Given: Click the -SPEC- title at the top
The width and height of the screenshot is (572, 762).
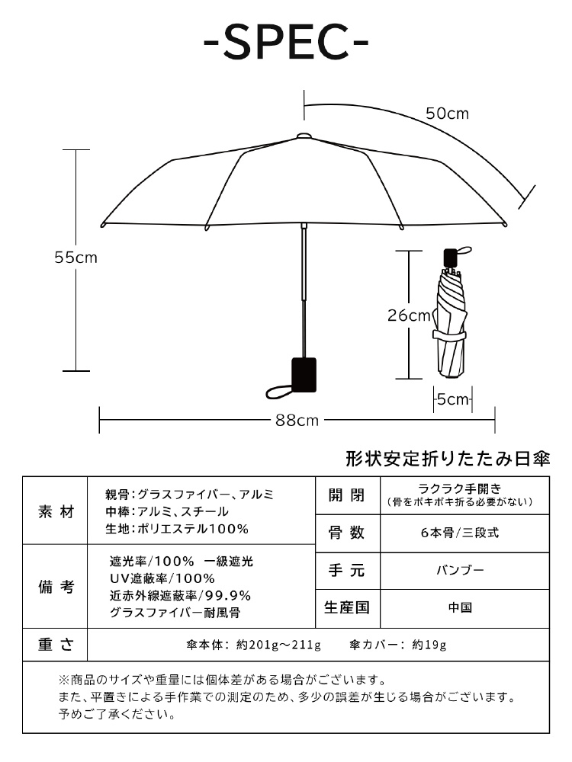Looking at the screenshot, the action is pyautogui.click(x=286, y=42).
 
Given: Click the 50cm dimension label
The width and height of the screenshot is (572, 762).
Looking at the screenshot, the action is pyautogui.click(x=448, y=114).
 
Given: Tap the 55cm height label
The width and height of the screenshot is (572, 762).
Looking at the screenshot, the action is pyautogui.click(x=76, y=257).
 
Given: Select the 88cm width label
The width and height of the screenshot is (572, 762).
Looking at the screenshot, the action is pyautogui.click(x=297, y=421).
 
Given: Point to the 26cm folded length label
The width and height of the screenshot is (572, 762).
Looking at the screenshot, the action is pyautogui.click(x=409, y=315).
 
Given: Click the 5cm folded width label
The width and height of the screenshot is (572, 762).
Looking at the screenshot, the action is pyautogui.click(x=453, y=399).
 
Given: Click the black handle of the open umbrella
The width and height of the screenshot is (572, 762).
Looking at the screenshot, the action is pyautogui.click(x=304, y=375).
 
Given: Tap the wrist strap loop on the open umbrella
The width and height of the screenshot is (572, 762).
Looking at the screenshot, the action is pyautogui.click(x=279, y=391).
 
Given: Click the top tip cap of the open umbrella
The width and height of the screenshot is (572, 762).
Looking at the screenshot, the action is pyautogui.click(x=304, y=136).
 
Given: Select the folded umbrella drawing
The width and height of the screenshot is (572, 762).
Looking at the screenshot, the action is pyautogui.click(x=451, y=313).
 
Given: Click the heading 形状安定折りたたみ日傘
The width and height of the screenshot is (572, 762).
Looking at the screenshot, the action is pyautogui.click(x=448, y=459).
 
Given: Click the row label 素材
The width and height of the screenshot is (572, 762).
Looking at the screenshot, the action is pyautogui.click(x=56, y=511).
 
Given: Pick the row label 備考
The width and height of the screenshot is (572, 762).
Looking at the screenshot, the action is pyautogui.click(x=56, y=587).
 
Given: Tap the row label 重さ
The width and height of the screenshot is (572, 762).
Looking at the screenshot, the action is pyautogui.click(x=56, y=645).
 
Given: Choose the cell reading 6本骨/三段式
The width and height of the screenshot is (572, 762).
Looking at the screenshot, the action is pyautogui.click(x=460, y=533).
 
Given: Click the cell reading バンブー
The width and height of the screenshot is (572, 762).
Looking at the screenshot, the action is pyautogui.click(x=460, y=569).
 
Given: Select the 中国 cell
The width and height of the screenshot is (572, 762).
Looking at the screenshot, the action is pyautogui.click(x=460, y=607).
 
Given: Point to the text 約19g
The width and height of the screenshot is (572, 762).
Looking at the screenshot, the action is pyautogui.click(x=429, y=645).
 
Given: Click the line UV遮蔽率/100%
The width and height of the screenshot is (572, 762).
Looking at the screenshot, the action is pyautogui.click(x=162, y=578).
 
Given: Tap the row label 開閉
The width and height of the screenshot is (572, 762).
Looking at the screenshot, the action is pyautogui.click(x=346, y=495).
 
